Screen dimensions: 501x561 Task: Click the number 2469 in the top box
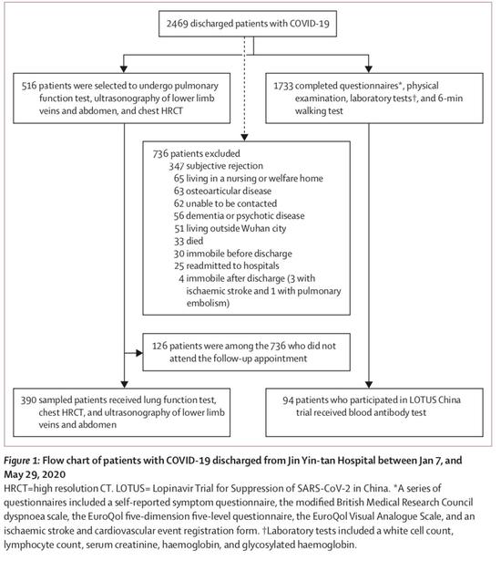(x=177, y=24)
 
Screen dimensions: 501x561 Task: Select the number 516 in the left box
(x=28, y=86)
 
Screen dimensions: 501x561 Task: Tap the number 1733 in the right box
(x=283, y=86)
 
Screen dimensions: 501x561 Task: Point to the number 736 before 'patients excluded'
(x=160, y=154)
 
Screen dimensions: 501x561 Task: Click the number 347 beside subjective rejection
(x=177, y=166)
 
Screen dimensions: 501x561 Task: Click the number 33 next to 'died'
(x=179, y=241)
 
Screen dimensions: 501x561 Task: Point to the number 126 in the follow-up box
(x=159, y=346)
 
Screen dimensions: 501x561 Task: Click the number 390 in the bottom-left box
(x=28, y=400)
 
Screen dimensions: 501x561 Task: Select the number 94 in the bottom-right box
(x=288, y=400)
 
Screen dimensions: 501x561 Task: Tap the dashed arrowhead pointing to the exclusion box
(x=244, y=138)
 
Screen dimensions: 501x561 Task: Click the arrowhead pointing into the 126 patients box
(x=139, y=354)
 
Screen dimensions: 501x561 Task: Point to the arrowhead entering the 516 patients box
(x=124, y=69)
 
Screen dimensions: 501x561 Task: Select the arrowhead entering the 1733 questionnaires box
(x=369, y=69)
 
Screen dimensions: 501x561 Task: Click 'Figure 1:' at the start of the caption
(x=22, y=461)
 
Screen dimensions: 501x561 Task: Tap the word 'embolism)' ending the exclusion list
(x=208, y=304)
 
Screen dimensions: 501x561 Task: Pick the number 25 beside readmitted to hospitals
(x=179, y=265)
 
